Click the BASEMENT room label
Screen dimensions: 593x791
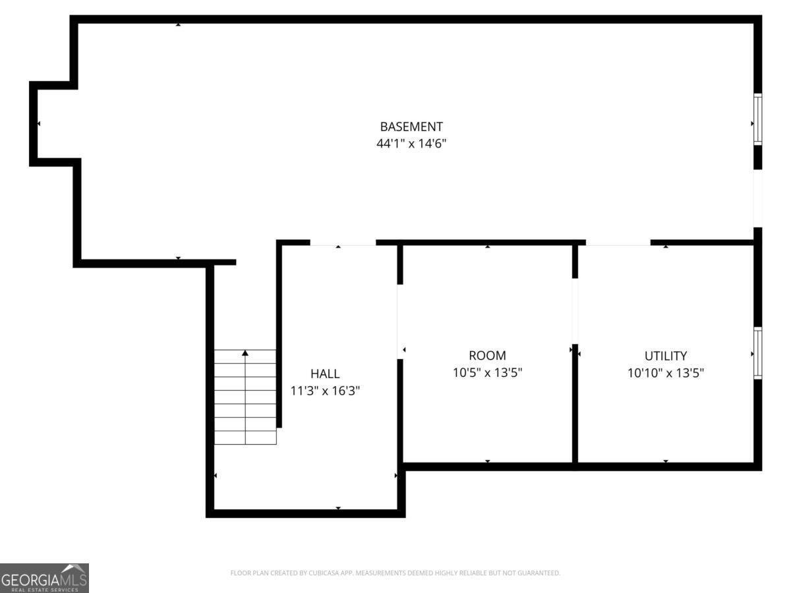tap(411, 127)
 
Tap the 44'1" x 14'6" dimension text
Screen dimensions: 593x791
tap(411, 144)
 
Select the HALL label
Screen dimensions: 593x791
tap(325, 374)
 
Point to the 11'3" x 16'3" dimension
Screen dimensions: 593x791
tap(325, 391)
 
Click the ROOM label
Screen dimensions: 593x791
tap(487, 356)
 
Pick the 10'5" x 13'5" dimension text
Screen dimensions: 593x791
tap(487, 373)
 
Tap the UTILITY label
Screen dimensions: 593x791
tap(666, 356)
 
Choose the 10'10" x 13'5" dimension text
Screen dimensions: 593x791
tap(666, 373)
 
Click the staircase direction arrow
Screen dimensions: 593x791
tap(245, 354)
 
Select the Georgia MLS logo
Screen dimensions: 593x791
tap(44, 578)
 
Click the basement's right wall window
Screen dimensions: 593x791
tap(758, 119)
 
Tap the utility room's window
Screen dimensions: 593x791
tap(758, 353)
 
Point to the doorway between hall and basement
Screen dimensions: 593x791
tap(343, 243)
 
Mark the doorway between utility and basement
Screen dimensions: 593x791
tap(618, 243)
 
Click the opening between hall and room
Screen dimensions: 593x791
tap(400, 321)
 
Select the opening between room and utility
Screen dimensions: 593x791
tap(575, 311)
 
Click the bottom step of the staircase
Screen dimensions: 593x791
tap(245, 438)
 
